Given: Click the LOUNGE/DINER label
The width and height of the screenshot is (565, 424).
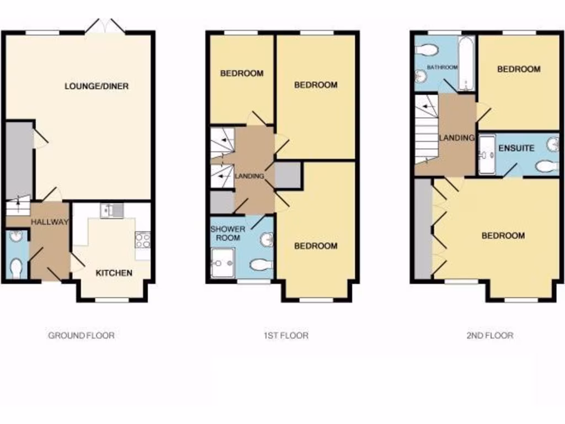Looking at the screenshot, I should click(97, 86).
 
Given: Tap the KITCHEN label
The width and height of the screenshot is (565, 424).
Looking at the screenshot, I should click(114, 273).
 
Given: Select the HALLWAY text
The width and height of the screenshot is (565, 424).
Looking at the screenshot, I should click(50, 222).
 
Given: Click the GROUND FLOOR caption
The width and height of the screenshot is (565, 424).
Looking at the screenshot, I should click(81, 335).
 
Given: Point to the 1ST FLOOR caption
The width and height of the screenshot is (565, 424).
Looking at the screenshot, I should click(285, 335).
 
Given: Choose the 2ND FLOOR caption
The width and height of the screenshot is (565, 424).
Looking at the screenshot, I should click(489, 335).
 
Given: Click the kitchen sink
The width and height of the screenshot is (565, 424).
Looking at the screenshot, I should click(112, 210).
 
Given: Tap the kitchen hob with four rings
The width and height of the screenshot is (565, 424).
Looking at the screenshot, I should click(142, 240).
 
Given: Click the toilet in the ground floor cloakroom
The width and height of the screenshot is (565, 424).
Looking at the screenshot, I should click(17, 269).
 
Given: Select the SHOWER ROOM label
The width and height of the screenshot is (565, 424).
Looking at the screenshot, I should click(227, 233).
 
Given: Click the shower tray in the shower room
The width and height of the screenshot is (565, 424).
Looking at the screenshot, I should click(223, 262).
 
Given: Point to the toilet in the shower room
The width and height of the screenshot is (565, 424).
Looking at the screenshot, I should click(261, 265).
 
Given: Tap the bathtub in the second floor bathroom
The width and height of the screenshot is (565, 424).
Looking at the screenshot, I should click(466, 64).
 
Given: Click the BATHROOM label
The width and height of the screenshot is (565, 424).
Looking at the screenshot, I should click(443, 67).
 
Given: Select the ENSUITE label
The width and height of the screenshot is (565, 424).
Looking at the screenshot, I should click(516, 148).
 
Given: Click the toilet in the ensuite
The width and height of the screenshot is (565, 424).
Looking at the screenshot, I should click(546, 165).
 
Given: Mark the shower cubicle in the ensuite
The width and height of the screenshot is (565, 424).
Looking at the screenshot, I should click(487, 155).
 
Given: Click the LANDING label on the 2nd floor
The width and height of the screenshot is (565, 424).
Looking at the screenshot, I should click(457, 137).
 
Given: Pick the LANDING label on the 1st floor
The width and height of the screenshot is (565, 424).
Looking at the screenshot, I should click(249, 176).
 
